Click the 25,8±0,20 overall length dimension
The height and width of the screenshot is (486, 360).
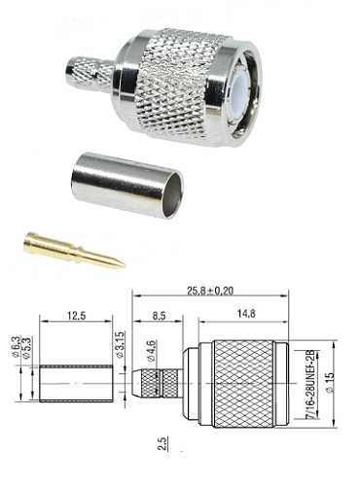click(210, 291)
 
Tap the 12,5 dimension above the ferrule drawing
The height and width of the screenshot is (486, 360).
click(77, 316)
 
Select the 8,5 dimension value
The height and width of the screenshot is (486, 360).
click(159, 316)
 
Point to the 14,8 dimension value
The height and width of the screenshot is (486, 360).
click(246, 314)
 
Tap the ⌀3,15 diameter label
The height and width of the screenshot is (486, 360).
click(120, 344)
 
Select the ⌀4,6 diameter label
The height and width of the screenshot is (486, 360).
click(151, 351)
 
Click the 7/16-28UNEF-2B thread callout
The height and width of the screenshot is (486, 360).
click(310, 384)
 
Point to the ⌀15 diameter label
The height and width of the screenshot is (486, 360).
click(330, 383)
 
